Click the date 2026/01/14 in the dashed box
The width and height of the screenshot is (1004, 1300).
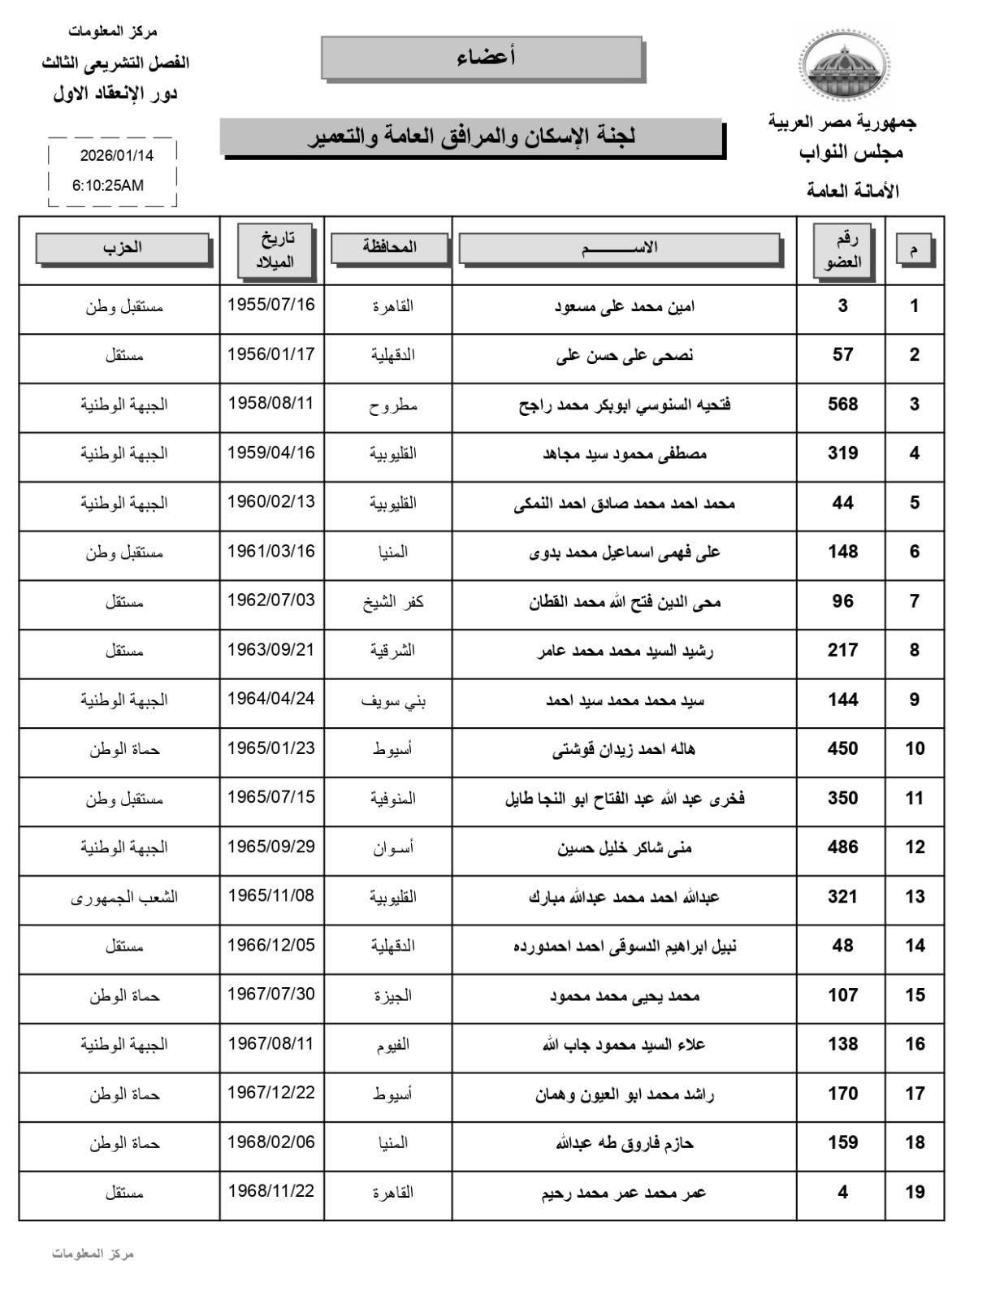tap(117, 154)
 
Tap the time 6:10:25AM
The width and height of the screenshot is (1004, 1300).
tap(108, 185)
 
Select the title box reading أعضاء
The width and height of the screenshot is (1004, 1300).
tap(483, 58)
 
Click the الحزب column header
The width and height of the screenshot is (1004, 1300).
tap(123, 248)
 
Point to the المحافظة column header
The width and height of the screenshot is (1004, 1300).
tap(389, 247)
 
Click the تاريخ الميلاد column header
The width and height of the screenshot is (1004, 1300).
tap(273, 249)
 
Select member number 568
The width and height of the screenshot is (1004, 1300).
tap(842, 405)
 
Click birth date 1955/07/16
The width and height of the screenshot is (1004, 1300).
tap(270, 305)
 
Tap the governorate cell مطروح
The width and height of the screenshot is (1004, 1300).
tap(392, 405)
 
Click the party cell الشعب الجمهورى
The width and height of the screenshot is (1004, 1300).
tap(124, 897)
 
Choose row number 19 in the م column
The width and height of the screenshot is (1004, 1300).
tap(915, 1192)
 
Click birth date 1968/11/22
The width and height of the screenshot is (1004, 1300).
tap(270, 1191)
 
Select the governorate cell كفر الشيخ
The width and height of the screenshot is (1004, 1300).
tap(393, 602)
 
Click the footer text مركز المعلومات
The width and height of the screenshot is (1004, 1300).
tap(93, 1254)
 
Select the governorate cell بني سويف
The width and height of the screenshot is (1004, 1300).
tap(393, 700)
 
